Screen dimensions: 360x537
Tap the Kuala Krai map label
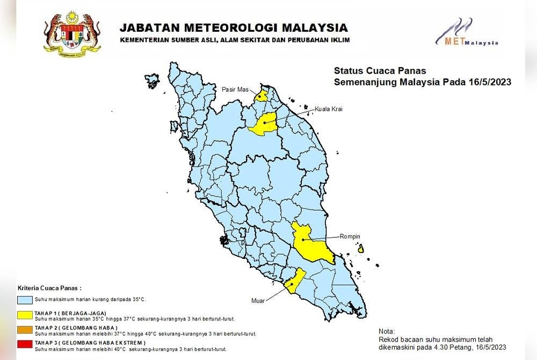328,109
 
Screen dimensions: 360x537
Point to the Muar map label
258,301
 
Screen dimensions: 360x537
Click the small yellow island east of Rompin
361,249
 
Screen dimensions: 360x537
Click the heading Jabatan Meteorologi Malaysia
233,28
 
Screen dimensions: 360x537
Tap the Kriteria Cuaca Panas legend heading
50,288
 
